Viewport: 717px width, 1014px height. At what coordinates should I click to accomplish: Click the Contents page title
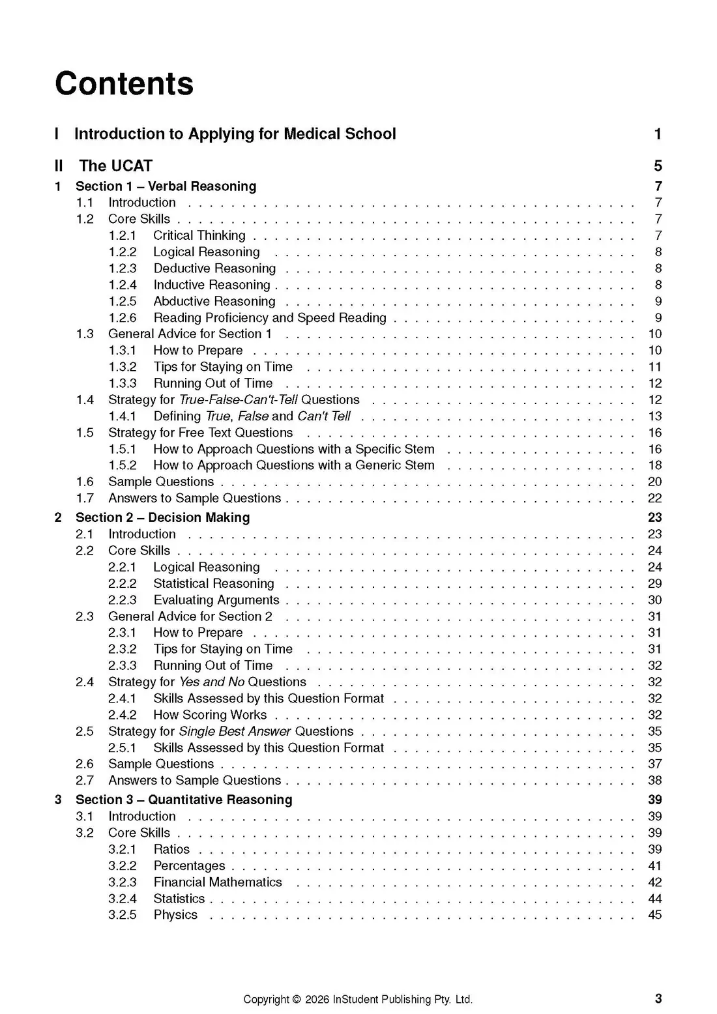coord(124,83)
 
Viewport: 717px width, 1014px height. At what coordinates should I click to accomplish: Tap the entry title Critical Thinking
coord(199,235)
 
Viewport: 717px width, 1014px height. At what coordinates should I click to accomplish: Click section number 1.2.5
coord(123,301)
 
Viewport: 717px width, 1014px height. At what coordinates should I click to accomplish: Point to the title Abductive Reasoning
coord(214,301)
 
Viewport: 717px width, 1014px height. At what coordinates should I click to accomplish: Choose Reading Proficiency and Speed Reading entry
coord(270,317)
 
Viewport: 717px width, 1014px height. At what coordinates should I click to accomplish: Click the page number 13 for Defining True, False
coord(654,416)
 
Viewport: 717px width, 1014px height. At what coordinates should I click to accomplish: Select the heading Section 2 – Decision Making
coord(162,517)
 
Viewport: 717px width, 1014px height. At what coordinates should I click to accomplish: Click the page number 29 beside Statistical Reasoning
coord(654,583)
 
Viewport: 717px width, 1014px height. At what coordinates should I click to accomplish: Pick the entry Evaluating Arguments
coord(216,600)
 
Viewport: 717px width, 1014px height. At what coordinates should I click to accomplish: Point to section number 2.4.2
coord(123,715)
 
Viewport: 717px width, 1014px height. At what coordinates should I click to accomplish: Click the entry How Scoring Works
coord(210,715)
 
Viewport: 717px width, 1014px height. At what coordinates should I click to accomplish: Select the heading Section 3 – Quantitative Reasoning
coord(184,800)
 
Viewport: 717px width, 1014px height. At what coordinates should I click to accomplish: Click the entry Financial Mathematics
coord(218,882)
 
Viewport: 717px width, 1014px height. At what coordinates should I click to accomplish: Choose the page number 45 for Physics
coord(654,915)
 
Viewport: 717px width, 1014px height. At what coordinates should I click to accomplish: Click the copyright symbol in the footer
coord(297,999)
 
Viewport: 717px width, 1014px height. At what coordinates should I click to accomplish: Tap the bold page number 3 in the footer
coord(658,998)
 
